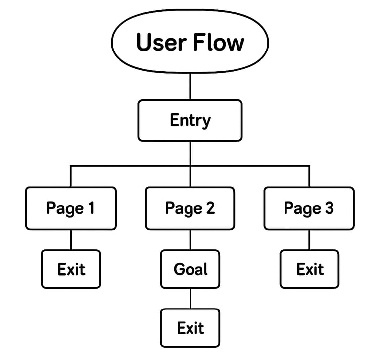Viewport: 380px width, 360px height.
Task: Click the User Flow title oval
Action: coord(190,42)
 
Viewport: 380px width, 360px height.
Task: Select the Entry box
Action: coord(190,120)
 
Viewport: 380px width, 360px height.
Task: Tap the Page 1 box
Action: coord(71,208)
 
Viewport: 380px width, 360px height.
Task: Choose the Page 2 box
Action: coord(190,208)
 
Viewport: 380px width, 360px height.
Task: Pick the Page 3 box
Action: coord(309,208)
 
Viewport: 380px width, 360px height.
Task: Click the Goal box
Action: coord(190,269)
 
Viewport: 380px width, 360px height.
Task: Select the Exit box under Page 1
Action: coord(71,269)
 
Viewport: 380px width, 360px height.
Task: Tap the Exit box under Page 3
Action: coord(309,269)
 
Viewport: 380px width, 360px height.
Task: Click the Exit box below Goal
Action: coord(190,327)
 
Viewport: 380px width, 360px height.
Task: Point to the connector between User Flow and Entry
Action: coord(190,87)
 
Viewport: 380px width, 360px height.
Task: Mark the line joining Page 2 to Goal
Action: coord(190,240)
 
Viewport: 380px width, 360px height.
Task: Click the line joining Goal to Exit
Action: coord(190,299)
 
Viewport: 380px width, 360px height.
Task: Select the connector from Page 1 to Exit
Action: coord(71,240)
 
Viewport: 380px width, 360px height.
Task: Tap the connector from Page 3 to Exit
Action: coord(309,240)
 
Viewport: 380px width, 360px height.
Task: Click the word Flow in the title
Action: coord(218,42)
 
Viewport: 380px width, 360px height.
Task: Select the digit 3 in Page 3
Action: coord(329,208)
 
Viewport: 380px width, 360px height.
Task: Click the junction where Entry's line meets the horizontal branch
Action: coord(190,166)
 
